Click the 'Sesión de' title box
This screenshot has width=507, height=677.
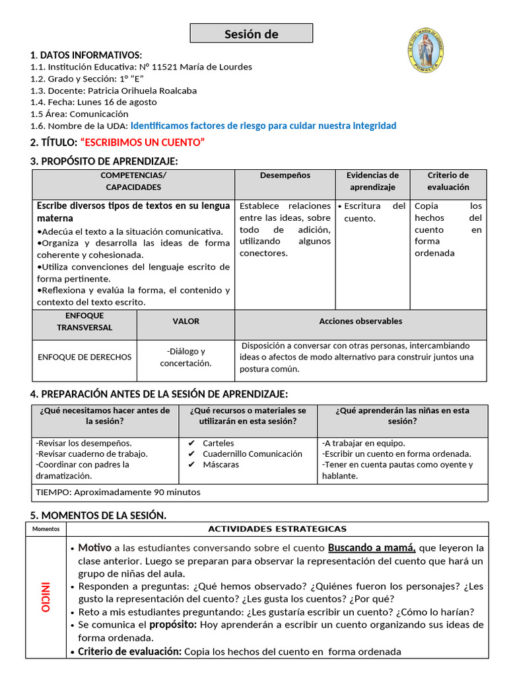click(252, 34)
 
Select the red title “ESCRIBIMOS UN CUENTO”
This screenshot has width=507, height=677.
click(142, 142)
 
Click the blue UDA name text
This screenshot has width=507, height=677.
click(263, 126)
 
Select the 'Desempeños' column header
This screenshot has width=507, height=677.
click(285, 175)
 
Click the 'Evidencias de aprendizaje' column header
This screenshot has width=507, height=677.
click(372, 181)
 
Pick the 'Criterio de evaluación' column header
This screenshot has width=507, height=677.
click(448, 181)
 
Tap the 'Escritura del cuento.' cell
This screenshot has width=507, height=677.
click(372, 212)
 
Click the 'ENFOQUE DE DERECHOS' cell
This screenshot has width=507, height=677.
click(84, 357)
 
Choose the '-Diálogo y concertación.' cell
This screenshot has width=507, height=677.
click(186, 357)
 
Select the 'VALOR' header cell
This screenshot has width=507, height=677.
click(186, 321)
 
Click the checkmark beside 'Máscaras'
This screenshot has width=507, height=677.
click(191, 465)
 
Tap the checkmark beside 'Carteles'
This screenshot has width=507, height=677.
click(191, 444)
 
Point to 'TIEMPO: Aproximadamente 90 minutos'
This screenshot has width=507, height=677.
click(118, 492)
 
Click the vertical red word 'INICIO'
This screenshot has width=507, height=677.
click(46, 597)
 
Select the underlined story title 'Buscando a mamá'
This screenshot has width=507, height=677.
click(372, 548)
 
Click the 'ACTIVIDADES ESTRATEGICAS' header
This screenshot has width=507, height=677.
click(277, 529)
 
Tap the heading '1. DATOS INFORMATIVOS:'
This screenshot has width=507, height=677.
click(86, 55)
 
